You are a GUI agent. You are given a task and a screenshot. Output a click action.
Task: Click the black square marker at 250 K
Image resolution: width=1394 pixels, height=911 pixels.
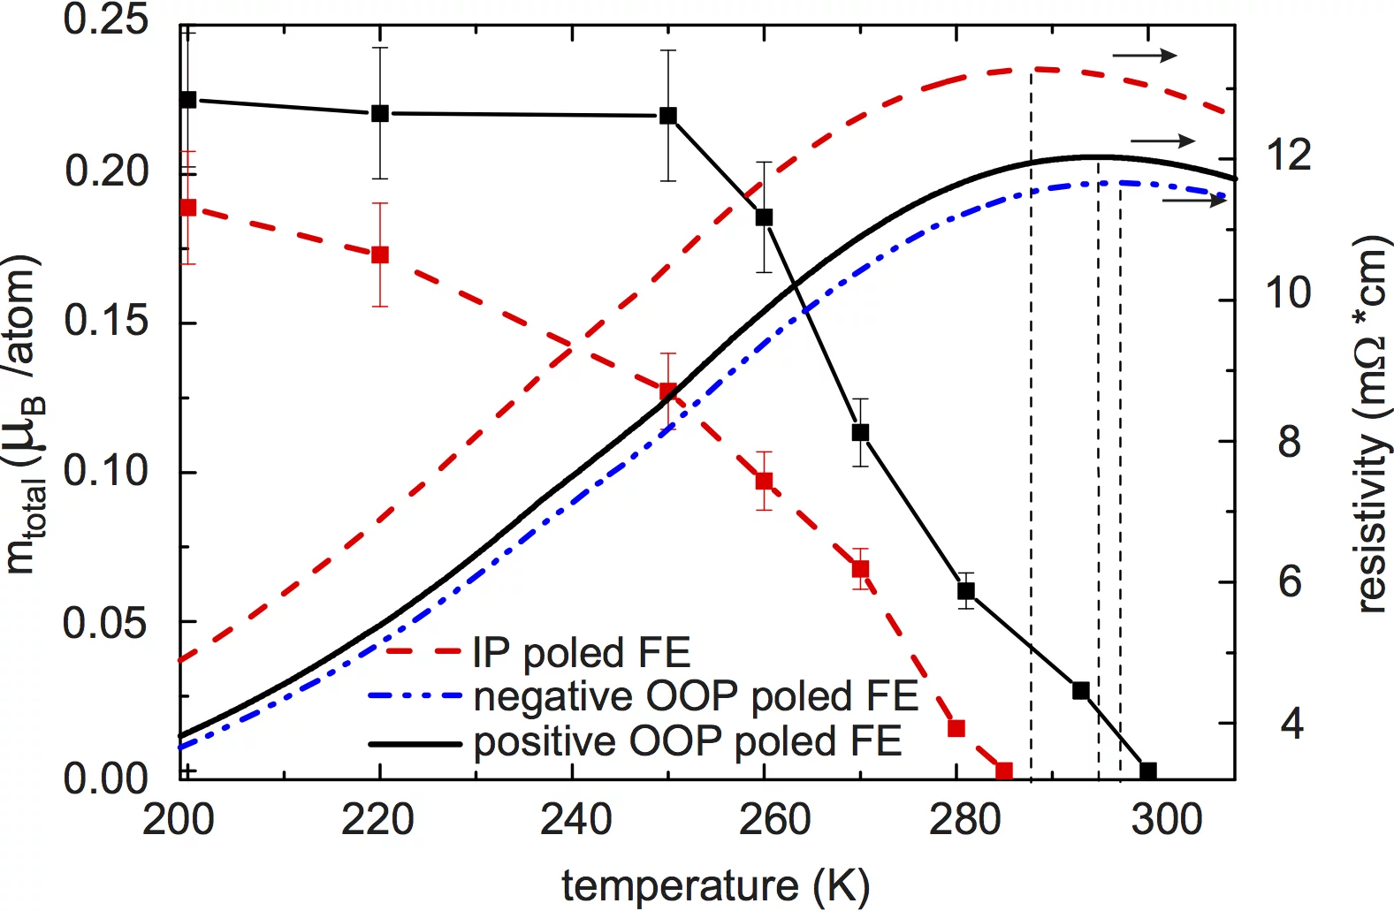coord(668,116)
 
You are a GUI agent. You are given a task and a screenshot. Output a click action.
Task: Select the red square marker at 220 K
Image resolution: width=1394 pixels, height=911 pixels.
coord(380,254)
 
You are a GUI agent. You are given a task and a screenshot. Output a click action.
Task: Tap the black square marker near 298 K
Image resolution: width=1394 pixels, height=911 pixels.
coord(1148,771)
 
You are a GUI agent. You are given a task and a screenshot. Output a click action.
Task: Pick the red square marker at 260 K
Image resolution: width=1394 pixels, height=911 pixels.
coord(765,481)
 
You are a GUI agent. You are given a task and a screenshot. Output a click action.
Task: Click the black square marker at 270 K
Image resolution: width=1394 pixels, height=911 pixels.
coord(860,432)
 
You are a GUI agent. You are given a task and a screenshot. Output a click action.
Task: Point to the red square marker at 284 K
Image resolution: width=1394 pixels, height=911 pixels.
coord(1004,771)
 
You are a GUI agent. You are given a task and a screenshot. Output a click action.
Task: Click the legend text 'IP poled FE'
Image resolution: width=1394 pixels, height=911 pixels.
coord(581,653)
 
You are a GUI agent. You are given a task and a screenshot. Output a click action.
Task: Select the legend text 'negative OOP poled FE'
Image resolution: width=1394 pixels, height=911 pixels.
coord(696,696)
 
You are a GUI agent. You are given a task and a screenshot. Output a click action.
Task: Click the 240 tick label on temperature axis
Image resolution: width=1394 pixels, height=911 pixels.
coord(575,820)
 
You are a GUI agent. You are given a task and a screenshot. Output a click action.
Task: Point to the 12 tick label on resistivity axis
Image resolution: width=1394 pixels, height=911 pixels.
coord(1289,156)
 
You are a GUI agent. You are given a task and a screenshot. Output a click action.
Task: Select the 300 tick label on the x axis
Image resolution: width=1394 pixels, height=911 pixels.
coord(1167,820)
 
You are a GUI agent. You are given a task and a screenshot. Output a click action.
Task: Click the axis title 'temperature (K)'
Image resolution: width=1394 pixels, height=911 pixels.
coord(716,885)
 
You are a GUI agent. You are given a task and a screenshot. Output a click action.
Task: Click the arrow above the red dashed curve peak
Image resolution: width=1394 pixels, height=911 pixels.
coord(1145,56)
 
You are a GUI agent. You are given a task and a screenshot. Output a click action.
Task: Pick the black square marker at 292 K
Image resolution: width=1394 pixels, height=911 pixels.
coord(1080,690)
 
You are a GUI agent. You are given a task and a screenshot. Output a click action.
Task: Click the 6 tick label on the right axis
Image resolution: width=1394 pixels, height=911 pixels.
coord(1291,581)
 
